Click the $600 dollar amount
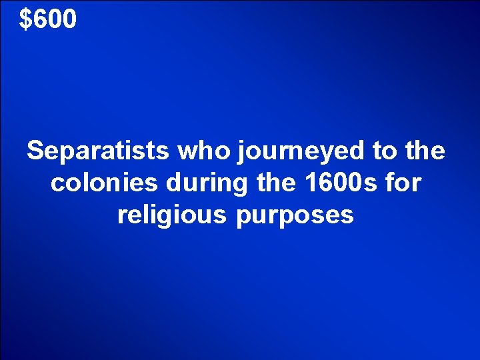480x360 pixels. (48, 19)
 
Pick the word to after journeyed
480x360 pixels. (384, 151)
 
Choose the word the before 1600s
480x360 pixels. (254, 183)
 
